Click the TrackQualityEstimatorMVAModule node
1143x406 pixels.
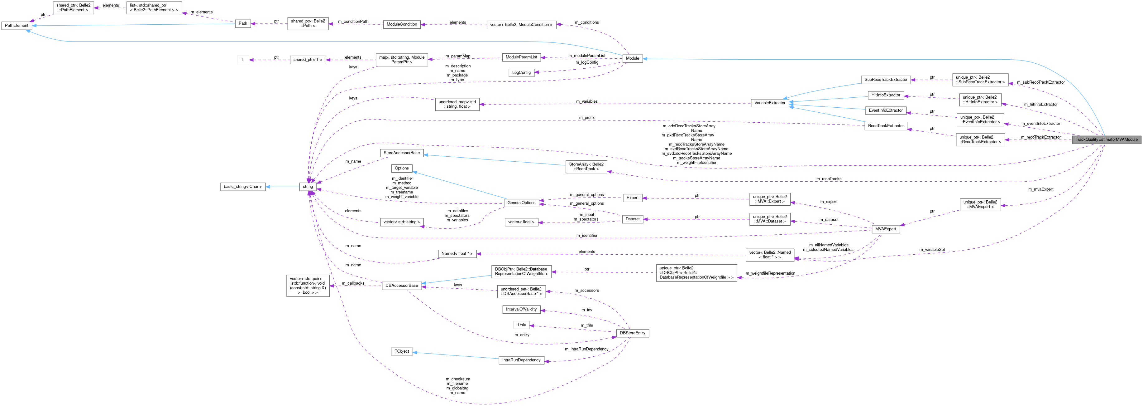[1106, 139]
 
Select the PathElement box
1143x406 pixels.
[17, 25]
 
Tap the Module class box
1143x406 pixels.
[632, 58]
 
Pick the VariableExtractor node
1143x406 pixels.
[770, 103]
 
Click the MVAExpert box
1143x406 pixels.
[885, 229]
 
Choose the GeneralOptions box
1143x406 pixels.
[521, 203]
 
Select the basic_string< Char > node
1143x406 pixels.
[243, 187]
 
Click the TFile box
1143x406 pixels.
[521, 325]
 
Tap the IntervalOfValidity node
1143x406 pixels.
[521, 309]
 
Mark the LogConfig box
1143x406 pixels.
[521, 72]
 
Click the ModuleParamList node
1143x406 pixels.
[521, 57]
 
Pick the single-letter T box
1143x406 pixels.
[243, 60]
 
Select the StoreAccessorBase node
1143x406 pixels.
[402, 153]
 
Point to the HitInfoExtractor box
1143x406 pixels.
[886, 95]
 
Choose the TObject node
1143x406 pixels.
[402, 351]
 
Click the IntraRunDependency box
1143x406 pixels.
[521, 360]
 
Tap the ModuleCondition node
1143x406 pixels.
[402, 24]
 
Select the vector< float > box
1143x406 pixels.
[521, 222]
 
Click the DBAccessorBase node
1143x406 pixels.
[402, 286]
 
